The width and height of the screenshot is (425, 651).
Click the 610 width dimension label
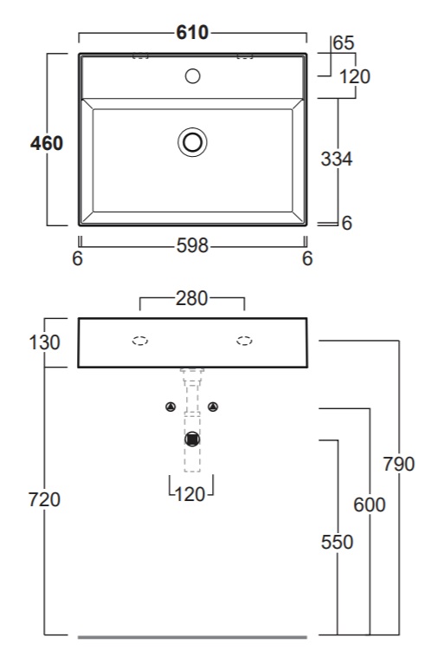click(x=192, y=32)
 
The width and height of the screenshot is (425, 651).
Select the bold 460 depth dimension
click(x=47, y=143)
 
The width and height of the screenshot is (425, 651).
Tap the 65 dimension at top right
click(x=344, y=42)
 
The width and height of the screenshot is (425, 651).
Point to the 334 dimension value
click(x=336, y=159)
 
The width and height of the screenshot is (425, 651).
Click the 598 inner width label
click(x=192, y=246)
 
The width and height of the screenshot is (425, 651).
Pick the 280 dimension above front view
click(x=191, y=298)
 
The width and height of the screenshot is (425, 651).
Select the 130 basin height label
click(x=44, y=342)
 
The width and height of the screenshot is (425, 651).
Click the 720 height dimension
click(x=44, y=499)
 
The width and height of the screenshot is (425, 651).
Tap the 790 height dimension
click(x=399, y=464)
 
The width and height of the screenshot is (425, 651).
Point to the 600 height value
click(x=370, y=505)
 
